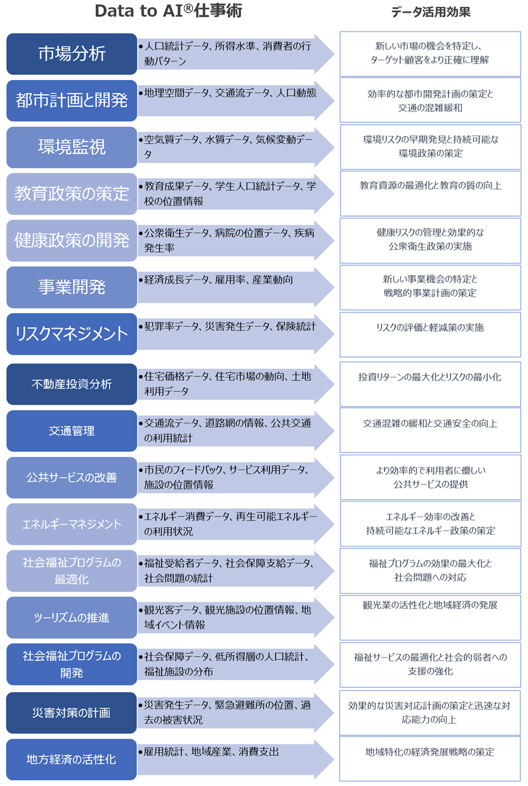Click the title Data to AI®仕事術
[168, 11]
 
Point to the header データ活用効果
[430, 12]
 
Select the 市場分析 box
[72, 54]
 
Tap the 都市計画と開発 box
[72, 100]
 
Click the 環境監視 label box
[72, 147]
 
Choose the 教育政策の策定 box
[72, 193]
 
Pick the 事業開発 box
[72, 287]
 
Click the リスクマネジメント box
[72, 334]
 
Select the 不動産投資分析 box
[72, 384]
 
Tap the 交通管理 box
[72, 431]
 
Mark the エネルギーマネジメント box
[72, 524]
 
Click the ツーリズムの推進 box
[72, 618]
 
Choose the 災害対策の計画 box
[72, 713]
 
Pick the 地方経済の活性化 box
[72, 760]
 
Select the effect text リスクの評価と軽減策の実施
[430, 327]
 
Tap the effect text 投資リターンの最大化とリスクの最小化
[430, 377]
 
